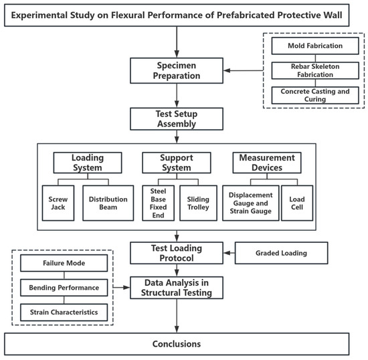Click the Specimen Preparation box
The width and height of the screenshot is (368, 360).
point(177,71)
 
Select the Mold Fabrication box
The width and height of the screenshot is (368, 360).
point(315,46)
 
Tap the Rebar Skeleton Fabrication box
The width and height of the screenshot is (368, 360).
point(315,70)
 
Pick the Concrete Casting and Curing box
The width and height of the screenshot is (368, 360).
point(315,95)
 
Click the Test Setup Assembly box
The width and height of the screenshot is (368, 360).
point(177,118)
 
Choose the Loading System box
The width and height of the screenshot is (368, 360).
point(88,163)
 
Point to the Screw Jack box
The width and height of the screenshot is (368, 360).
point(58,203)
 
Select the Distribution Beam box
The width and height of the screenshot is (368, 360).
point(108,203)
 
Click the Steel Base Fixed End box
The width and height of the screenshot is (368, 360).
point(158,203)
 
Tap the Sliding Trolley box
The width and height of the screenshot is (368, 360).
point(198,203)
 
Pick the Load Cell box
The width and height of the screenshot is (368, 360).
point(297,203)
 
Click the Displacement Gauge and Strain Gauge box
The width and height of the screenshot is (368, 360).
point(251,203)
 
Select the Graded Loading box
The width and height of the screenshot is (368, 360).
point(282,253)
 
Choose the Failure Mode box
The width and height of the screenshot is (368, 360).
point(64,263)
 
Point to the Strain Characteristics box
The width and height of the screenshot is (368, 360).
point(64,312)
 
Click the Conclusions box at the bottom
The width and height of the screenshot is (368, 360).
point(177,344)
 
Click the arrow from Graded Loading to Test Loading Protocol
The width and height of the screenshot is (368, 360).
point(229,253)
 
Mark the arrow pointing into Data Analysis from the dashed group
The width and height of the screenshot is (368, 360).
point(121,287)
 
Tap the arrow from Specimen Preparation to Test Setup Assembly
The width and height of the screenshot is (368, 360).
point(177,96)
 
